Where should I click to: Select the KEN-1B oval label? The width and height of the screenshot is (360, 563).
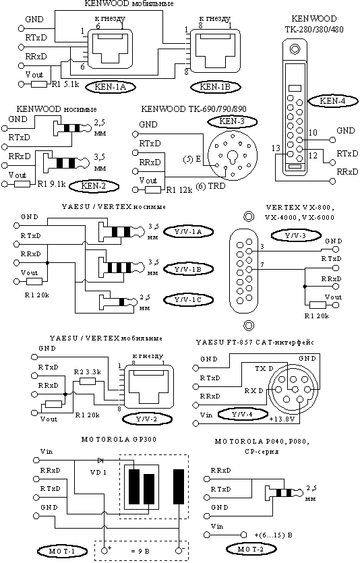(215, 86)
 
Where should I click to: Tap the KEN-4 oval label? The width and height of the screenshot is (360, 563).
(333, 101)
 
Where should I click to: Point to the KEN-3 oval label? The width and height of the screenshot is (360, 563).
(233, 121)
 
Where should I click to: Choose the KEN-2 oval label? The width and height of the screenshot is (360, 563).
(93, 185)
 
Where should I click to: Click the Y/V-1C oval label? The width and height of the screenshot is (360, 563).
(188, 300)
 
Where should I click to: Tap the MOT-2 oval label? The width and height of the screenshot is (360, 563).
(251, 549)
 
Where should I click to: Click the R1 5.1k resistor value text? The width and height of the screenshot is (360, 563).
(65, 85)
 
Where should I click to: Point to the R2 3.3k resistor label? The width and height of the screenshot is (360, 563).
(87, 372)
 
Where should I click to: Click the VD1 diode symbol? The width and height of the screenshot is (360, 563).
(100, 460)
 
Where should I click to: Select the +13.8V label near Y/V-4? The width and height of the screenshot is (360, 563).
(282, 419)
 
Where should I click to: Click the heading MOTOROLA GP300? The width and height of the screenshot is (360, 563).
(119, 439)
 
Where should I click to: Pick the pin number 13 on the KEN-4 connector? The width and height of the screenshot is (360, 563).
(276, 148)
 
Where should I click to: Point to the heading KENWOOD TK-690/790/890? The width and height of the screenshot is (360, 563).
(193, 109)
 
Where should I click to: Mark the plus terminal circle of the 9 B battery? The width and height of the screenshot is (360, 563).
(104, 550)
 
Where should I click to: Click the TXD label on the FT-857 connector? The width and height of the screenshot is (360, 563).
(264, 369)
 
